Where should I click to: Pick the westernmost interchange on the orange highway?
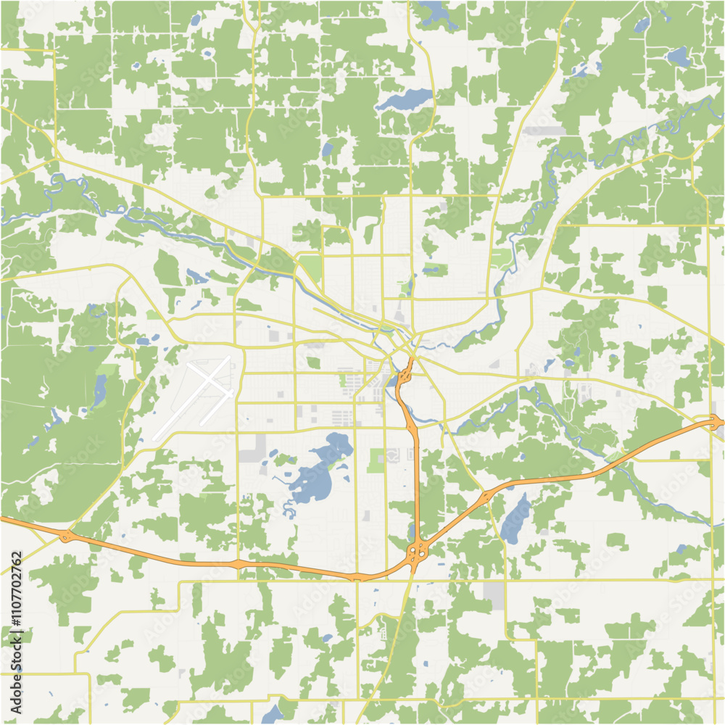67,536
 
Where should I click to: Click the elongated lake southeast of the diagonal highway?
515,519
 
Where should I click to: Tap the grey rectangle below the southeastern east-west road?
494,595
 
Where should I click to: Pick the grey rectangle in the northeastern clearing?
544,131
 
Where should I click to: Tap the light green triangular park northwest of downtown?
312,267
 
